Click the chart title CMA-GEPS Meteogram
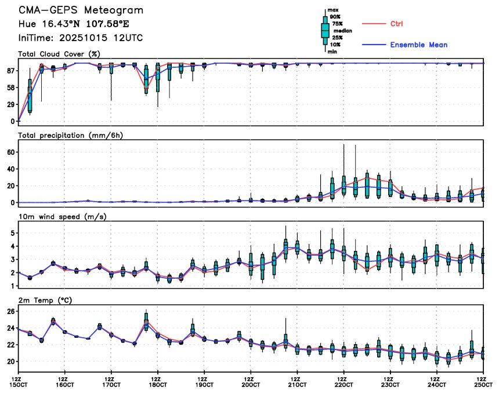coord(81,11)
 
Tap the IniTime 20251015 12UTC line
coord(81,38)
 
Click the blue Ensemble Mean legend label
coord(418,45)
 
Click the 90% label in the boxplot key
coord(335,17)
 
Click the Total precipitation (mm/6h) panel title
coord(71,135)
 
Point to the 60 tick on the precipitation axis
coord(11,152)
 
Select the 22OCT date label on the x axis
coord(343,385)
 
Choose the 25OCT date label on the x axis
coord(482,385)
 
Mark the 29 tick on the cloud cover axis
coord(10,104)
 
